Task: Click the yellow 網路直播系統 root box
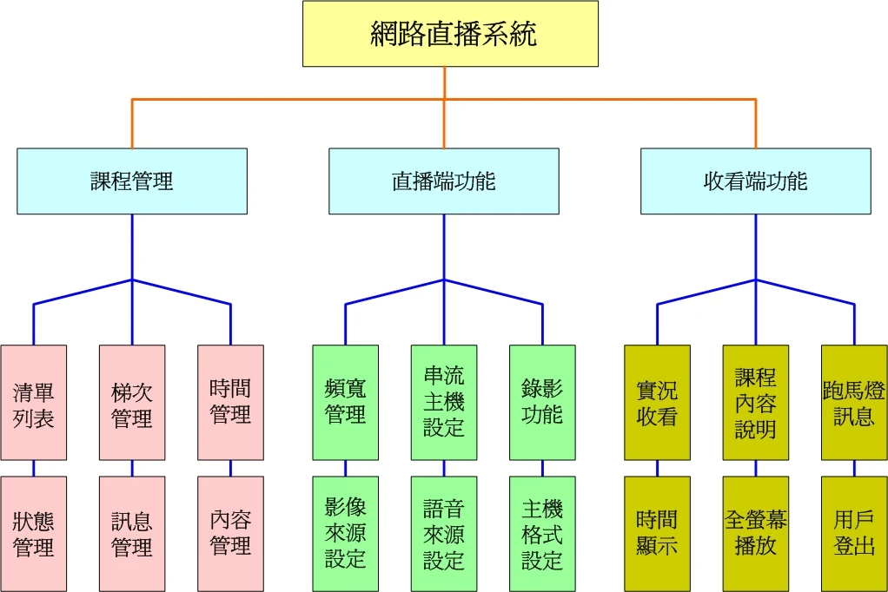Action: pos(450,34)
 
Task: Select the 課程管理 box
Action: pos(132,181)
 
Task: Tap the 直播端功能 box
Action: pos(443,181)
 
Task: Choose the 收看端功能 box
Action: pos(755,181)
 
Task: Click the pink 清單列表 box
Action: pos(34,403)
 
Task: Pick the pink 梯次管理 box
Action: pos(132,403)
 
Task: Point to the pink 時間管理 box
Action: pos(230,403)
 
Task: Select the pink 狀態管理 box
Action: pos(34,533)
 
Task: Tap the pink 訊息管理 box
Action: pos(132,533)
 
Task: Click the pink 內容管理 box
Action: pos(230,533)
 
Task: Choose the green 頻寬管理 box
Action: pos(346,403)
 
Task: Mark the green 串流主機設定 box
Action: pos(444,403)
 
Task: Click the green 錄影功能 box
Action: pos(542,403)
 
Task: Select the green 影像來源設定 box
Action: pos(346,533)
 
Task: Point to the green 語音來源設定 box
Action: pos(444,533)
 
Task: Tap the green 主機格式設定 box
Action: pos(542,533)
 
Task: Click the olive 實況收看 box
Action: pos(657,403)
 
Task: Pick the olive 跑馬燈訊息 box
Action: pos(854,403)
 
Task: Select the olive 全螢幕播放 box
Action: pos(756,533)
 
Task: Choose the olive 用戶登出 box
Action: pos(854,533)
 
